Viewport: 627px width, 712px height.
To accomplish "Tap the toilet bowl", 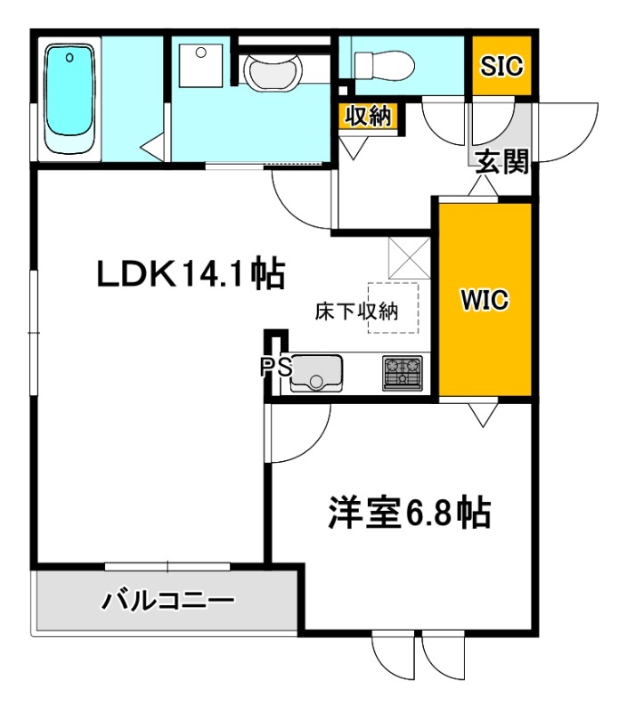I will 383,65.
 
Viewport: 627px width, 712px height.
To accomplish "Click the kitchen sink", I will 316,372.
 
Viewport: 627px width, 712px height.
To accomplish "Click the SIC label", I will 501,66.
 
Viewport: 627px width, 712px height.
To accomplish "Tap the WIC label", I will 484,300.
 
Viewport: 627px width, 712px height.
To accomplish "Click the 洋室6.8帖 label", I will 410,513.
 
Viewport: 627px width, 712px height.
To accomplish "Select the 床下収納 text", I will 356,311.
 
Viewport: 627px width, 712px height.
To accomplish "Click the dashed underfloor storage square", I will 393,308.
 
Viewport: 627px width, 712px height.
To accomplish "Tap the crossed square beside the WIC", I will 410,259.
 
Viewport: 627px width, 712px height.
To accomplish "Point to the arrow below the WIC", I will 484,412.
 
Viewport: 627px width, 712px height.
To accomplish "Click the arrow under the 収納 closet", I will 350,148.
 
